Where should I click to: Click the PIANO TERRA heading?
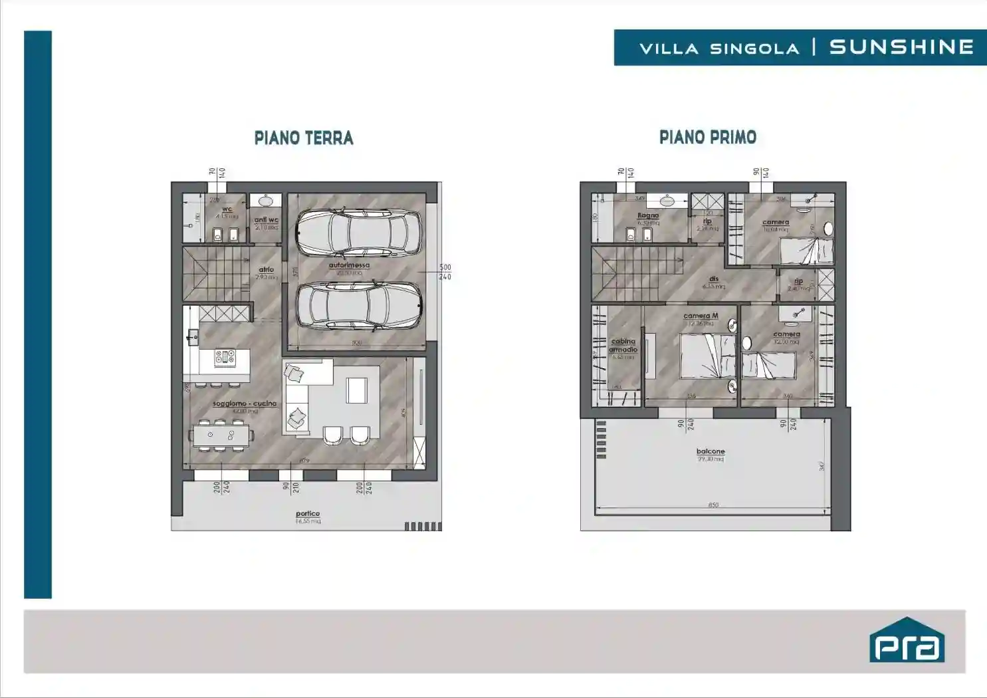304,138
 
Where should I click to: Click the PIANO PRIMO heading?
708,138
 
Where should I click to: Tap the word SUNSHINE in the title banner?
901,47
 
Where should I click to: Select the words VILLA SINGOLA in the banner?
719,49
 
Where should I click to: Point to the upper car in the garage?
359,233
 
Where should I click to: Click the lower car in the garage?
359,306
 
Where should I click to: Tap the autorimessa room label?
349,265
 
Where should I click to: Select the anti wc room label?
266,220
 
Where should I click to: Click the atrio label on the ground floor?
266,270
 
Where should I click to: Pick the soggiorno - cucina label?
245,404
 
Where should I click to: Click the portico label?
308,514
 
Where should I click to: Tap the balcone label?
711,451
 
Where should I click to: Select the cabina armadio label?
623,346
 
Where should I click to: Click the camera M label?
701,316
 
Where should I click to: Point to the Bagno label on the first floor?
648,215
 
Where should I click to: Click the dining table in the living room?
221,435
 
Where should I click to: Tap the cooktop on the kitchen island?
225,358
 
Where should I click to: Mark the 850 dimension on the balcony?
713,505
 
